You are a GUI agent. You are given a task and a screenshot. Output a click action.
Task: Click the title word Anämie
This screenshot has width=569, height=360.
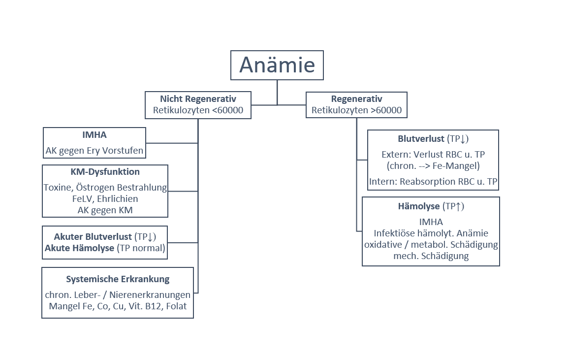pos(277,65)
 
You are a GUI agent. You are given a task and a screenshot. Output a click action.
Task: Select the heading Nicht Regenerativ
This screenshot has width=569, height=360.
pos(198,99)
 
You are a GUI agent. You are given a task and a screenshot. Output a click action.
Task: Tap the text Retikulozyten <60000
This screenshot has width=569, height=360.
pos(198,110)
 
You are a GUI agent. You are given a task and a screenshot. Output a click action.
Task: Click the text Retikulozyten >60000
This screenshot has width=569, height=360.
pos(356,110)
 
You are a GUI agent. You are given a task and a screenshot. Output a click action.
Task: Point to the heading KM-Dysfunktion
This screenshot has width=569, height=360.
pos(105,172)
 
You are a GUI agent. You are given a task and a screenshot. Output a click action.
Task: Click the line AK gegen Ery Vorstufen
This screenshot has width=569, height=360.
pos(95,151)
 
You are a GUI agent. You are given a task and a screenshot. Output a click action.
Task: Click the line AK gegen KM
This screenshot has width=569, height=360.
pos(105,210)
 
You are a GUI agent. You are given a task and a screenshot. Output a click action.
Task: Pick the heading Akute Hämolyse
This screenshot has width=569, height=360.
pos(80,248)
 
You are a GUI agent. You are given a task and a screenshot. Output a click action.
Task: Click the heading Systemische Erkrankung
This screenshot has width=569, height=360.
pos(118,279)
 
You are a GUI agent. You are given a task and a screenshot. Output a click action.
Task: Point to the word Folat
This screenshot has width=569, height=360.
pos(176,306)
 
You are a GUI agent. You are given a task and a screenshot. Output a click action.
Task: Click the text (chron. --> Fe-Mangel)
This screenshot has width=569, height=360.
pos(433,165)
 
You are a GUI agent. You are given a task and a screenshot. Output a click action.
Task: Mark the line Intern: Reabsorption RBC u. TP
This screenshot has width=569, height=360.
pos(433,182)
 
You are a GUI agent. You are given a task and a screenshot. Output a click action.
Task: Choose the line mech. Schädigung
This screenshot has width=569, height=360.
pos(431,256)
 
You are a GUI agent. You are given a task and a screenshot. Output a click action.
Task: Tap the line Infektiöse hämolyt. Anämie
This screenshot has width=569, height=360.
pos(431,233)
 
